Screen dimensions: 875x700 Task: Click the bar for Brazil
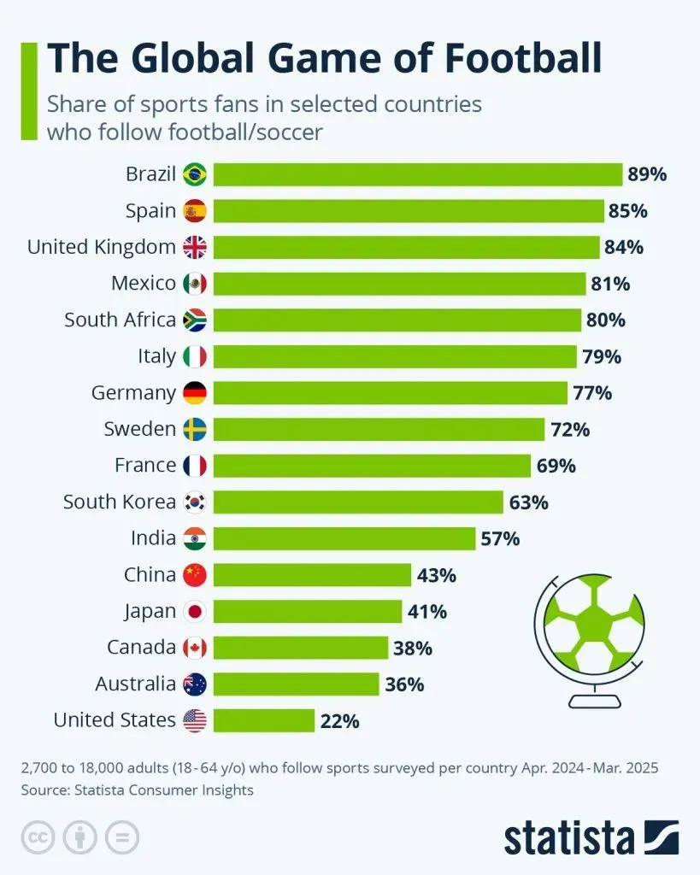point(417,174)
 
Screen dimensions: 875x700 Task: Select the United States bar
point(264,720)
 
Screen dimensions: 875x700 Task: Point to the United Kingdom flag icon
point(195,247)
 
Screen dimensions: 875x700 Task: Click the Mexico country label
point(144,283)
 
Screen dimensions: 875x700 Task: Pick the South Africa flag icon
point(195,320)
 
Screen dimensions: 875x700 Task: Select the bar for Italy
point(395,356)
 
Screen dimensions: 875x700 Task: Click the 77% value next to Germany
point(592,393)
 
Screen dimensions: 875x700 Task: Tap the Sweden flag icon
point(195,429)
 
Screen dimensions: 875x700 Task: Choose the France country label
point(145,465)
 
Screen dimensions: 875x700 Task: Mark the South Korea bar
point(358,502)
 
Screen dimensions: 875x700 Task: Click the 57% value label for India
point(500,538)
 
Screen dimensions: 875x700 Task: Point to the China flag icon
point(195,575)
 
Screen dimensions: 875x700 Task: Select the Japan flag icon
point(195,611)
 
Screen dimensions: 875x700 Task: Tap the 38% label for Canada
point(413,648)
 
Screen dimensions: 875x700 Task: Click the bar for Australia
point(296,684)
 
